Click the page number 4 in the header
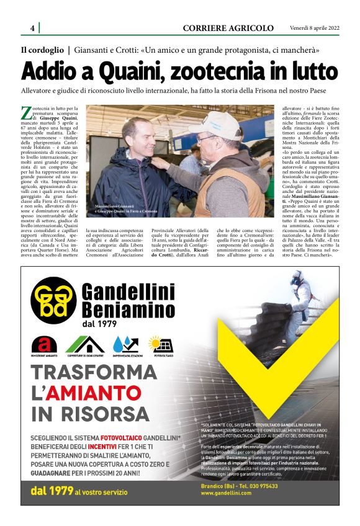32,28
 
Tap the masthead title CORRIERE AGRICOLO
228,28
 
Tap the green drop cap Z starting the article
26,112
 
